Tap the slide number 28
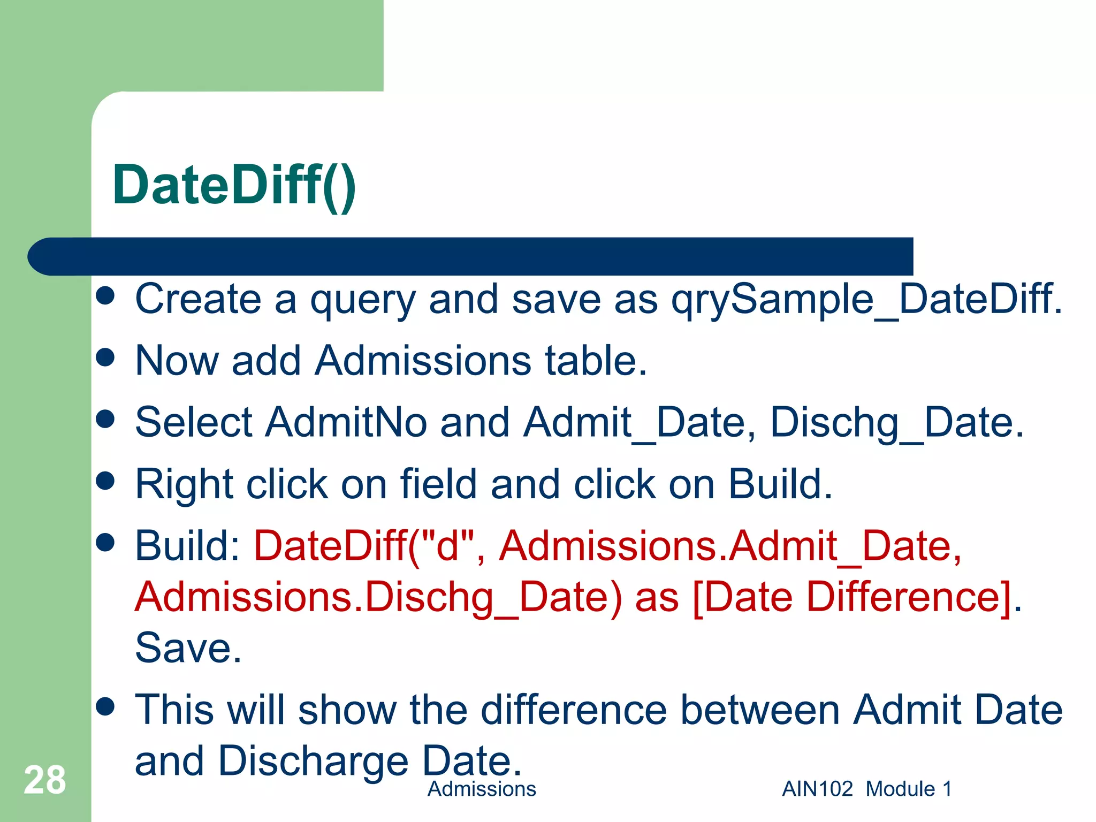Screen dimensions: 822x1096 pos(45,780)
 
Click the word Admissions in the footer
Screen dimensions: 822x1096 pos(482,789)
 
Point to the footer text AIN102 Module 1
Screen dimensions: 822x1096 pos(867,789)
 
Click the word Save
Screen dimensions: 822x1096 pos(188,648)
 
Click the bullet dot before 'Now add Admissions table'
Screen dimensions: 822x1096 pos(105,357)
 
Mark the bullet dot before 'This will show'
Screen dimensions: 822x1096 pos(105,706)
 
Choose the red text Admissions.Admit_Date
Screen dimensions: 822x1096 pos(730,546)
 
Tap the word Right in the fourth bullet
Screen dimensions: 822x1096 pos(184,484)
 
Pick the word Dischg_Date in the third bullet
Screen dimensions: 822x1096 pos(896,422)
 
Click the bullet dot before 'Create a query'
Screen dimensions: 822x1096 pos(105,296)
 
